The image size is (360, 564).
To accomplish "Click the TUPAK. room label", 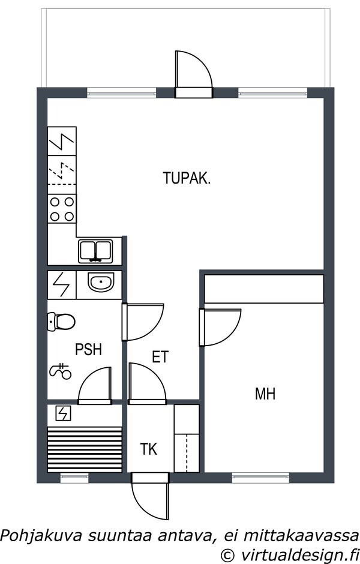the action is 187,178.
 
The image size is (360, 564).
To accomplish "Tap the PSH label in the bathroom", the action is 88,350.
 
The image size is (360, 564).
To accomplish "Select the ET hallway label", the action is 160,357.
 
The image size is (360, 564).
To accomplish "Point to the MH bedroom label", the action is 265,394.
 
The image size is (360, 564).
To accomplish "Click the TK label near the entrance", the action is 149,449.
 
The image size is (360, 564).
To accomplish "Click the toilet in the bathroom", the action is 61,321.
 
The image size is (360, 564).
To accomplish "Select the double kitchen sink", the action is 95,251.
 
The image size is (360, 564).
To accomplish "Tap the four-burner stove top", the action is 62,209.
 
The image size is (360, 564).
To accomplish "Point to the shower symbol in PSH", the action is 60,371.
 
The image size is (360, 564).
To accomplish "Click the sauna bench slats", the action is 85,449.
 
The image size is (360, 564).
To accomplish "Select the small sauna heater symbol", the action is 63,413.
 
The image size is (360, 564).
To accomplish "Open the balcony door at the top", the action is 194,74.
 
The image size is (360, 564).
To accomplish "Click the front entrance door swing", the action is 150,496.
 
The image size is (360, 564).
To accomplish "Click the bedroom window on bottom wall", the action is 261,478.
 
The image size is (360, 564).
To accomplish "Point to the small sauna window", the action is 74,478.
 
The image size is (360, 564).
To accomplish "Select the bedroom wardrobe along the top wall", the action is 264,289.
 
